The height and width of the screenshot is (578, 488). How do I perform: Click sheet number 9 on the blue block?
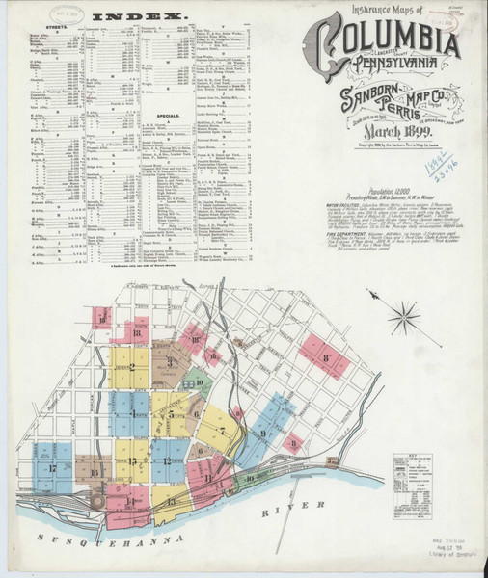coord(262,433)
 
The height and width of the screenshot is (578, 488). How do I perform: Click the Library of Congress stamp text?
coord(453,567)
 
